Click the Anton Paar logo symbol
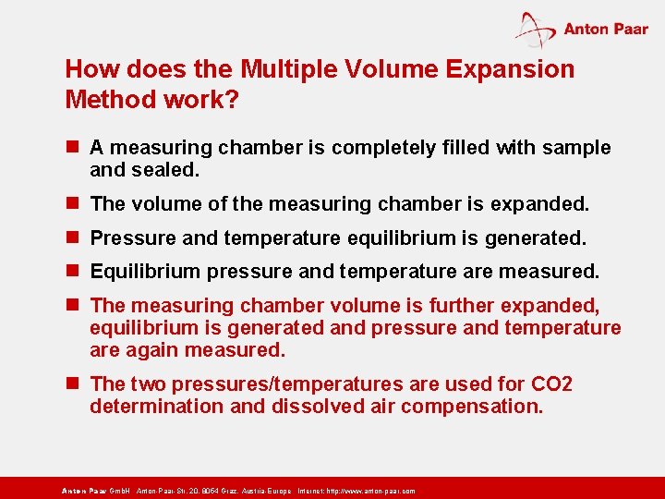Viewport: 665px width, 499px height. pos(536,29)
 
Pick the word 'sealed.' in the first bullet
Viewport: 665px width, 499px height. pos(167,170)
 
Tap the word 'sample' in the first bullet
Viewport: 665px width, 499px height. pos(578,148)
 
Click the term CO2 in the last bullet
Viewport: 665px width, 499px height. pos(552,384)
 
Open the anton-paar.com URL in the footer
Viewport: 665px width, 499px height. pos(370,491)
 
